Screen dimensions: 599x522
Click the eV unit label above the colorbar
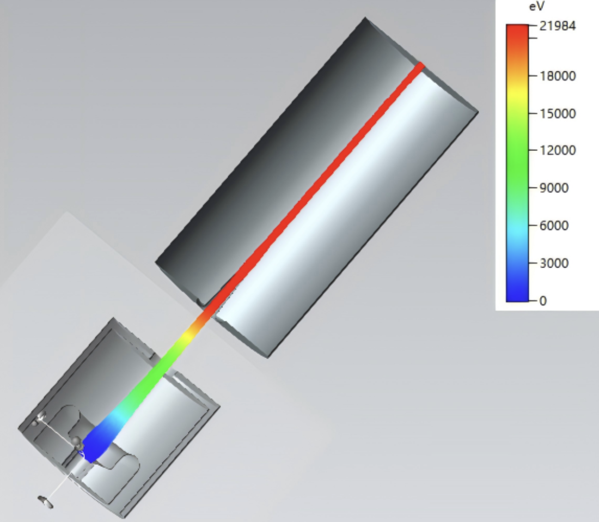coord(537,7)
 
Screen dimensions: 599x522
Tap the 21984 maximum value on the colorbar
coord(558,26)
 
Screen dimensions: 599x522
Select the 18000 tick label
coord(558,76)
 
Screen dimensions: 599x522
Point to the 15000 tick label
coord(558,114)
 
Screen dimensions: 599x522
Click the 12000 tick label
coord(558,150)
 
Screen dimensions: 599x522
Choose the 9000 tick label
coord(554,188)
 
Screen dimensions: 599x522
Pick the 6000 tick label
coord(554,226)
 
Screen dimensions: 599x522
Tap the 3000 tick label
coord(554,263)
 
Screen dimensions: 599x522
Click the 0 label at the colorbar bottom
coord(543,301)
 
